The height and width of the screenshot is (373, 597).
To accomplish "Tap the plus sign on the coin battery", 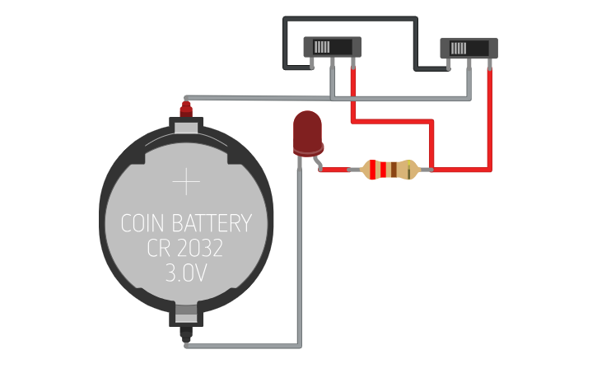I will pos(187,182).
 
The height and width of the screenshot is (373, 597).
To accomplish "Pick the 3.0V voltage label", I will pos(186,273).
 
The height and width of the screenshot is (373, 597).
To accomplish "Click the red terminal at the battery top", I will pos(186,108).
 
